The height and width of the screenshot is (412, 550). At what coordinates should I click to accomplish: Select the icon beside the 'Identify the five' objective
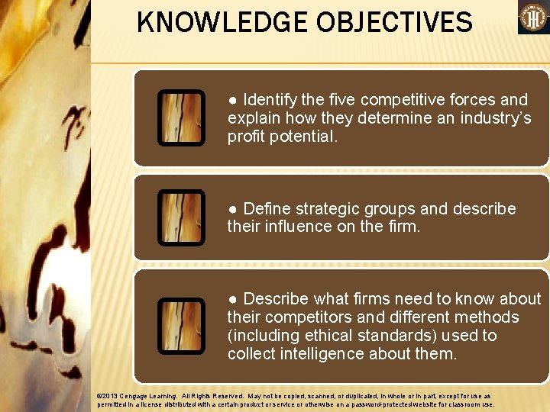181,117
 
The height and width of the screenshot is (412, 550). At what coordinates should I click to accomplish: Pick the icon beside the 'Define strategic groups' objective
181,217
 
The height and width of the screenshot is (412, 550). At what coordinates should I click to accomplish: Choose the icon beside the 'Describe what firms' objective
181,326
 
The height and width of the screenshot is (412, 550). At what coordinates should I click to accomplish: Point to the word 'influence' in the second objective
297,227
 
